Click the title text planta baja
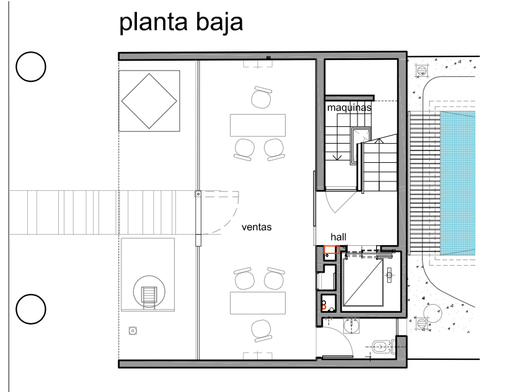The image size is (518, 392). [181, 22]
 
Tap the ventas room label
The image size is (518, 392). [257, 227]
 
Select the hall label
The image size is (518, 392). [338, 237]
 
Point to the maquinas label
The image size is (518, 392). [349, 108]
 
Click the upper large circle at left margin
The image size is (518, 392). [31, 67]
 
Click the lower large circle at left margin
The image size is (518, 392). [31, 309]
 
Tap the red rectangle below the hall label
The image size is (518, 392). [331, 250]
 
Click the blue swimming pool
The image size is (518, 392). [457, 183]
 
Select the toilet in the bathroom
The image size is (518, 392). [383, 347]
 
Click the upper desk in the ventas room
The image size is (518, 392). [258, 125]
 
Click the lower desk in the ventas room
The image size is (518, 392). [258, 303]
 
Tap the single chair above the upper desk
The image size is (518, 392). [261, 97]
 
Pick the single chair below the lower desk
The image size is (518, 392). [261, 331]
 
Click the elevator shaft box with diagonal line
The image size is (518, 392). [363, 282]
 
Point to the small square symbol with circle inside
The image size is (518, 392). [133, 331]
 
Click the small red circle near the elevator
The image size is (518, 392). [323, 307]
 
